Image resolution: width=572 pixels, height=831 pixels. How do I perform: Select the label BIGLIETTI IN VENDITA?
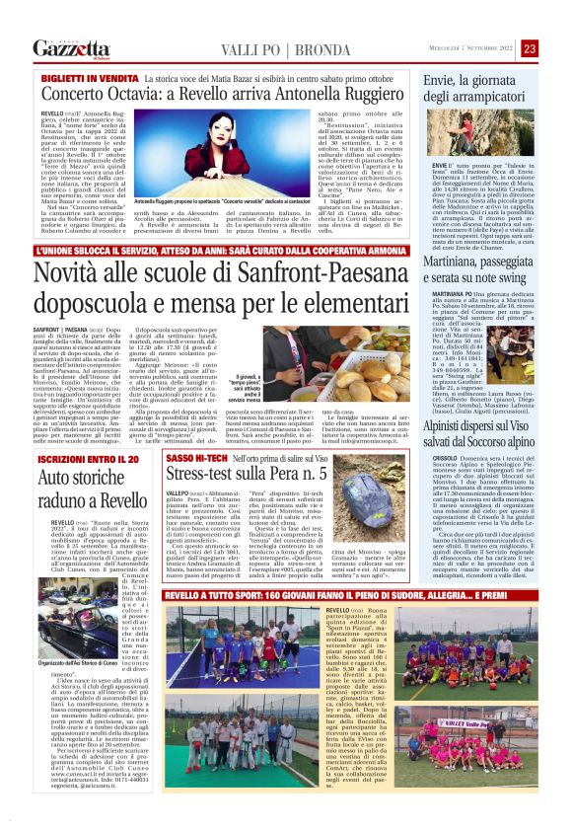tap(87, 77)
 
